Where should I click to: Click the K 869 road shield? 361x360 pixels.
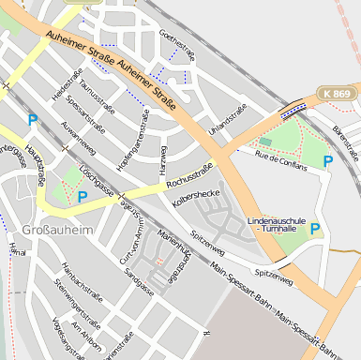[x=334, y=94]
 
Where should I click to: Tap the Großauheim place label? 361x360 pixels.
[x=58, y=229]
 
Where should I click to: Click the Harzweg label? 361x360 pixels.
[x=163, y=158]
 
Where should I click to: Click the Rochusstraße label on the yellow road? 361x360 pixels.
[x=188, y=176]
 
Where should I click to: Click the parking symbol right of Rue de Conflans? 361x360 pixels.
[x=328, y=161]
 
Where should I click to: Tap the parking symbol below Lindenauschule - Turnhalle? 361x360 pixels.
[x=315, y=228]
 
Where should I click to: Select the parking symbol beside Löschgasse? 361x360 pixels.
[x=83, y=197]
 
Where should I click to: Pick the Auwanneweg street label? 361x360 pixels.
[x=79, y=137]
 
